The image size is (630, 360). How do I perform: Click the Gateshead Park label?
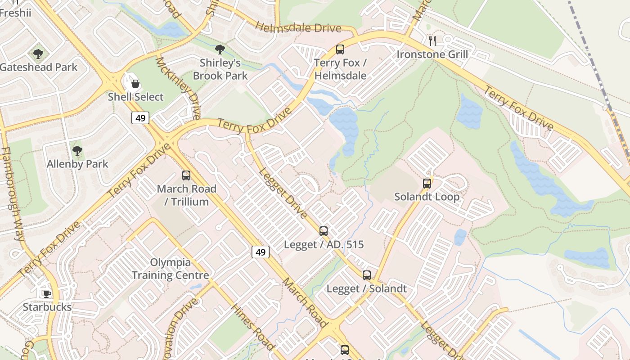click(x=39, y=67)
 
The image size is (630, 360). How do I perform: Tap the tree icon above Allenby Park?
click(x=77, y=151)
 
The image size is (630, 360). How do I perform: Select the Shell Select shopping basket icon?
click(x=135, y=84)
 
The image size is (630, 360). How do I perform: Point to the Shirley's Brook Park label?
click(x=220, y=69)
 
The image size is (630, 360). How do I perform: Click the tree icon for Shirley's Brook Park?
click(x=220, y=49)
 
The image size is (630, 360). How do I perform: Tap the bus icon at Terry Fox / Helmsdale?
click(x=340, y=49)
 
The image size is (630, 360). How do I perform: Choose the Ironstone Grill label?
click(x=432, y=55)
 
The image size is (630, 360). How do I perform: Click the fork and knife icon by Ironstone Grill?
click(x=432, y=41)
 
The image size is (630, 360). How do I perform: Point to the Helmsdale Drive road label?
click(x=298, y=27)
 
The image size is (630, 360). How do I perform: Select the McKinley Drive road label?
click(x=178, y=88)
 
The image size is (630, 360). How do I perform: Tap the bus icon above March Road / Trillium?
click(x=186, y=175)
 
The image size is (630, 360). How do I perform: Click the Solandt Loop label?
click(x=427, y=197)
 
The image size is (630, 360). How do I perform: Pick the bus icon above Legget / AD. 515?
click(x=324, y=231)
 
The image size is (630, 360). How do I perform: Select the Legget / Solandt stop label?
click(x=366, y=289)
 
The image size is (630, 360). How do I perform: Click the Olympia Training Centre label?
click(x=170, y=269)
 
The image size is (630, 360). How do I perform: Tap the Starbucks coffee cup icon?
click(x=47, y=294)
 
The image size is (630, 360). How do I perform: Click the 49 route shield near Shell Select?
click(x=140, y=118)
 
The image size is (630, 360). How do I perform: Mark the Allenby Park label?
click(x=77, y=164)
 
